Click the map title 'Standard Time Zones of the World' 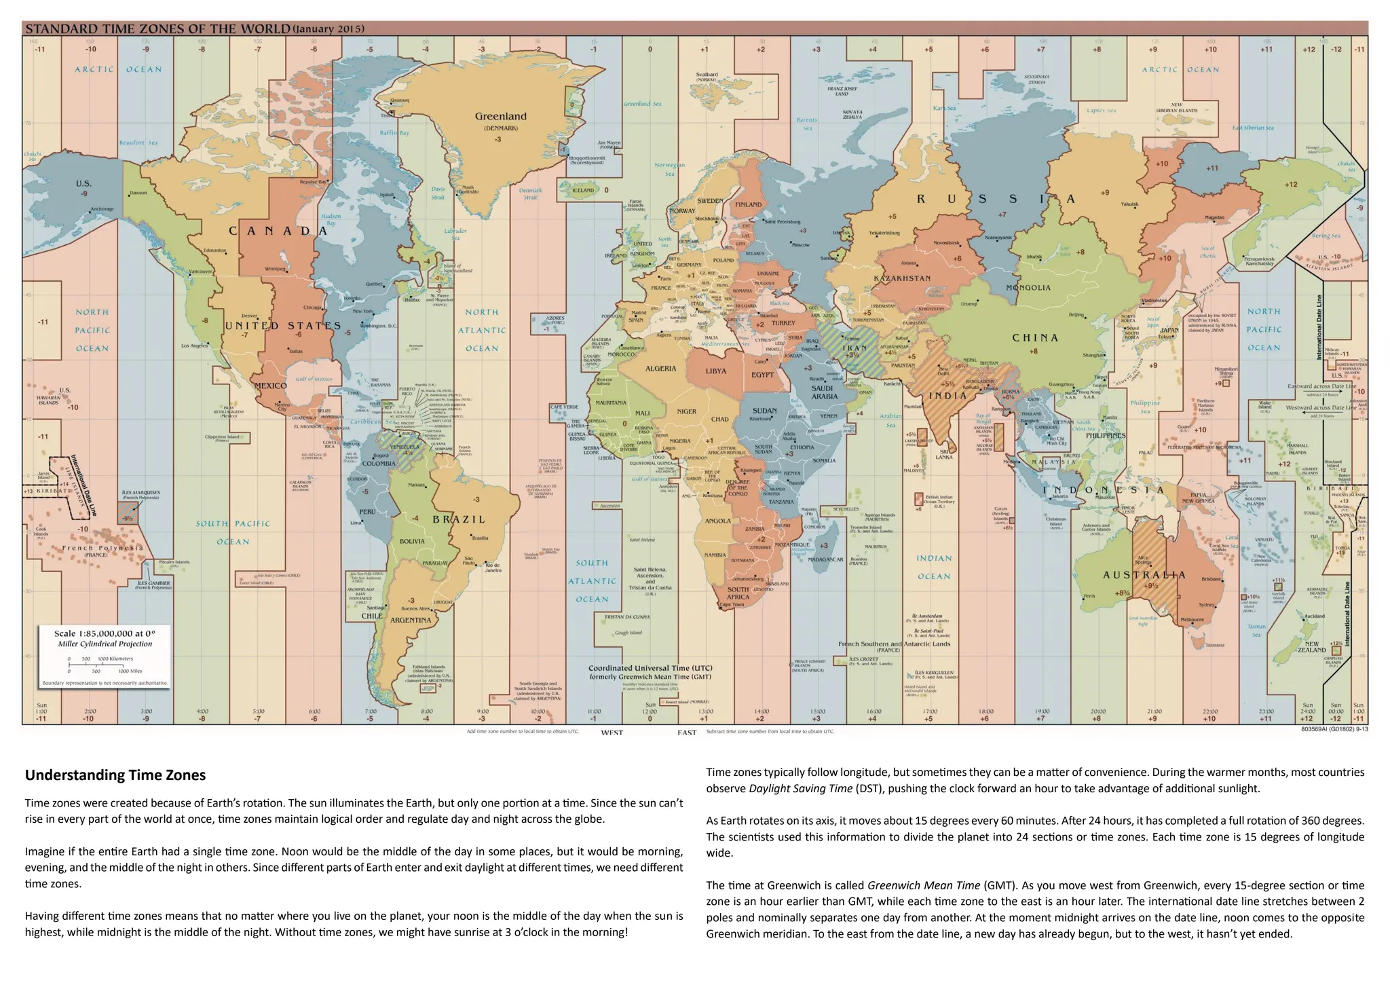pos(157,29)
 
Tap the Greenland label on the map pos(501,117)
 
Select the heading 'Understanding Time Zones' pos(115,775)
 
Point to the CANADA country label pos(278,231)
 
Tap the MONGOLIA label pos(1028,288)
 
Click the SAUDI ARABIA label pos(825,392)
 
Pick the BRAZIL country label pos(459,519)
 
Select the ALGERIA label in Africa pos(660,369)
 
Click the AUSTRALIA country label pos(1144,575)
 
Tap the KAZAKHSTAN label pos(902,278)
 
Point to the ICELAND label pos(582,191)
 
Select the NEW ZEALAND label pos(1311,647)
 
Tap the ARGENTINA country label pos(411,620)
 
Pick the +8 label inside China pos(1034,352)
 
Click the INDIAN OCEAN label pos(935,567)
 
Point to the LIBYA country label pos(715,371)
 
